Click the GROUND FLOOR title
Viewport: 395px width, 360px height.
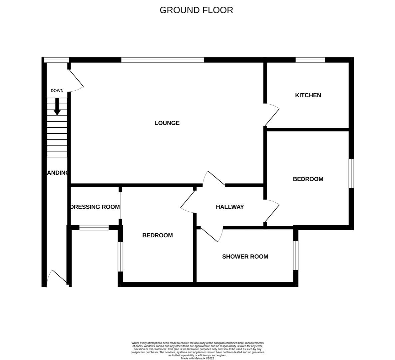196,10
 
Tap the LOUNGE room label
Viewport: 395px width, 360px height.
167,123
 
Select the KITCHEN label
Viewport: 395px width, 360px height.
308,95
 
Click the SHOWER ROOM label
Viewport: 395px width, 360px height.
245,257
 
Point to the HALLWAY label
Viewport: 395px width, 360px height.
230,207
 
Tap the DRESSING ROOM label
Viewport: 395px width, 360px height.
95,207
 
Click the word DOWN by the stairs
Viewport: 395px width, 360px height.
57,91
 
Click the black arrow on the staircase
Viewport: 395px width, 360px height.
57,107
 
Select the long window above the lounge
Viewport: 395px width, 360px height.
163,60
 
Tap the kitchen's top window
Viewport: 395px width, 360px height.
310,60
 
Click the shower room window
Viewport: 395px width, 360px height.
295,255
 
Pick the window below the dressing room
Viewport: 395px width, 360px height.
94,228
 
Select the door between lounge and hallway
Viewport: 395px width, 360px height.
214,178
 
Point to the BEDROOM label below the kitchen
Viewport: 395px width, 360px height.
308,179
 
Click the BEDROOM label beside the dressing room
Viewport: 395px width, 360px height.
158,236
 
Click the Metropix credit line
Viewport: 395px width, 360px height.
197,358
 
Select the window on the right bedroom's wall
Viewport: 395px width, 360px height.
351,173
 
